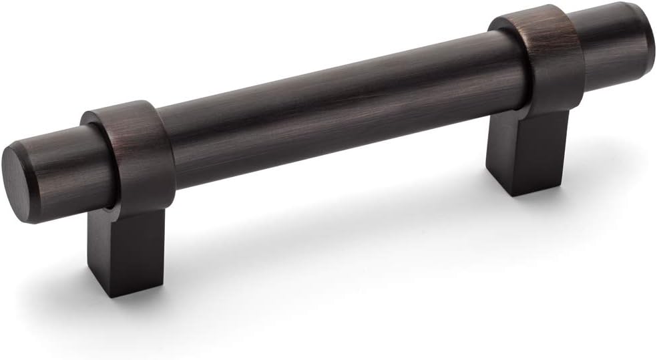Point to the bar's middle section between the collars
point(334,110)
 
